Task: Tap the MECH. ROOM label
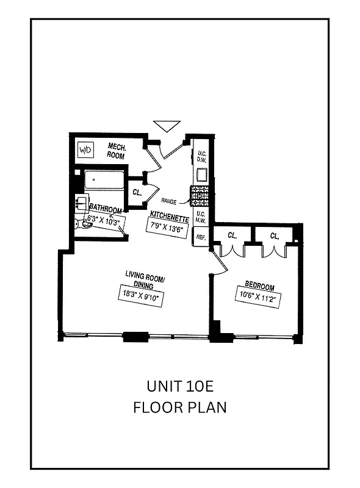point(116,151)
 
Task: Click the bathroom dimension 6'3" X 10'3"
point(106,220)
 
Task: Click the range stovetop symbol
point(200,196)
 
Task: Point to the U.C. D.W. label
point(201,156)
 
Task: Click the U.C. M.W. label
point(200,217)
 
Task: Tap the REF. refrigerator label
point(200,237)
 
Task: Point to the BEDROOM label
point(259,287)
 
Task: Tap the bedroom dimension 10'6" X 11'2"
point(259,298)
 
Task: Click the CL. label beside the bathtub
point(137,192)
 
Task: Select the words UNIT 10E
point(180,386)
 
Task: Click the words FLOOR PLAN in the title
point(180,407)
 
